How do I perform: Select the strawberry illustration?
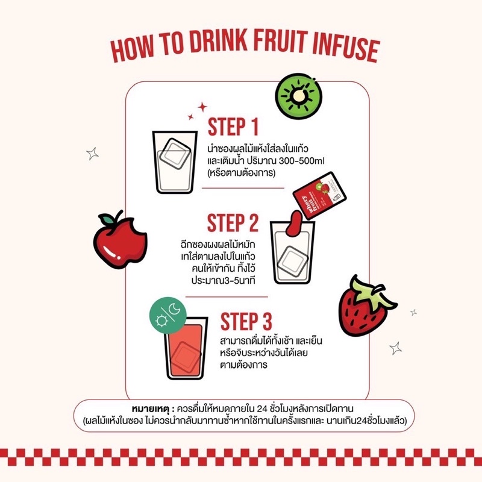coord(366,307)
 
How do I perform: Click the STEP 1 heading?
coord(233,127)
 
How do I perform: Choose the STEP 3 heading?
coord(246,322)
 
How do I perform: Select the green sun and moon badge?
coord(168,315)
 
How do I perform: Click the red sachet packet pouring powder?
coord(319,195)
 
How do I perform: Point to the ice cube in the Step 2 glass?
coord(293,261)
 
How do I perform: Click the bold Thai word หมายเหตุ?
coord(151,409)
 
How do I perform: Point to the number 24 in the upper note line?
coord(262,409)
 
